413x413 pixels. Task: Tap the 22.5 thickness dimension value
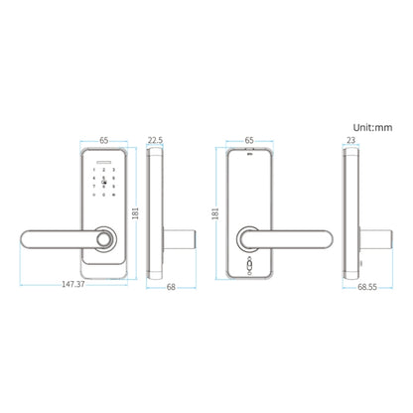pos(157,141)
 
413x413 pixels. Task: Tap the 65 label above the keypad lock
pos(104,141)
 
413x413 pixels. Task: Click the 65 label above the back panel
pos(250,141)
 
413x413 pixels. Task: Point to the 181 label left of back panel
pos(214,210)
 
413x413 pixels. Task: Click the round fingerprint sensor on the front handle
pos(106,239)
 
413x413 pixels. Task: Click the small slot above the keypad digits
pos(104,162)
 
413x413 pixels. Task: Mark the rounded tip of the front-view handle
pos(27,239)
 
